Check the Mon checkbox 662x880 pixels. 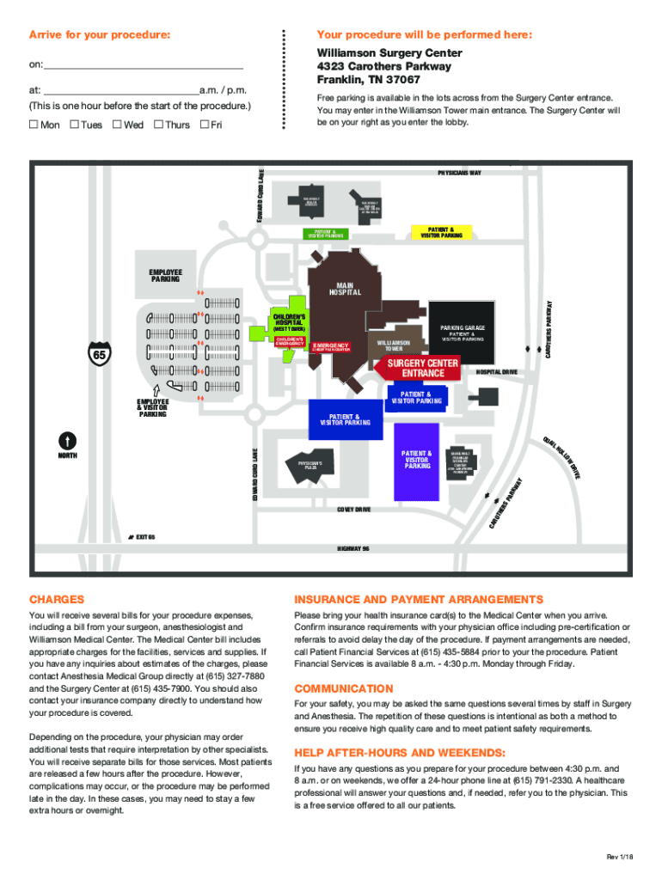pos(34,125)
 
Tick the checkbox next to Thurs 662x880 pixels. pos(158,125)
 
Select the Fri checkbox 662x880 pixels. pos(204,125)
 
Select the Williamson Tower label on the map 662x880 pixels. pos(394,345)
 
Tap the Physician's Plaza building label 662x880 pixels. pos(311,466)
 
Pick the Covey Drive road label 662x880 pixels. pos(353,510)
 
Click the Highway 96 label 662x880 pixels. pos(353,547)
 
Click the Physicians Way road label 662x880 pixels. pos(459,173)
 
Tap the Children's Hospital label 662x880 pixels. pos(289,318)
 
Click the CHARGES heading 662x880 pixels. pos(57,599)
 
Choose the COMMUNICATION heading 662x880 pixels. pos(344,688)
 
